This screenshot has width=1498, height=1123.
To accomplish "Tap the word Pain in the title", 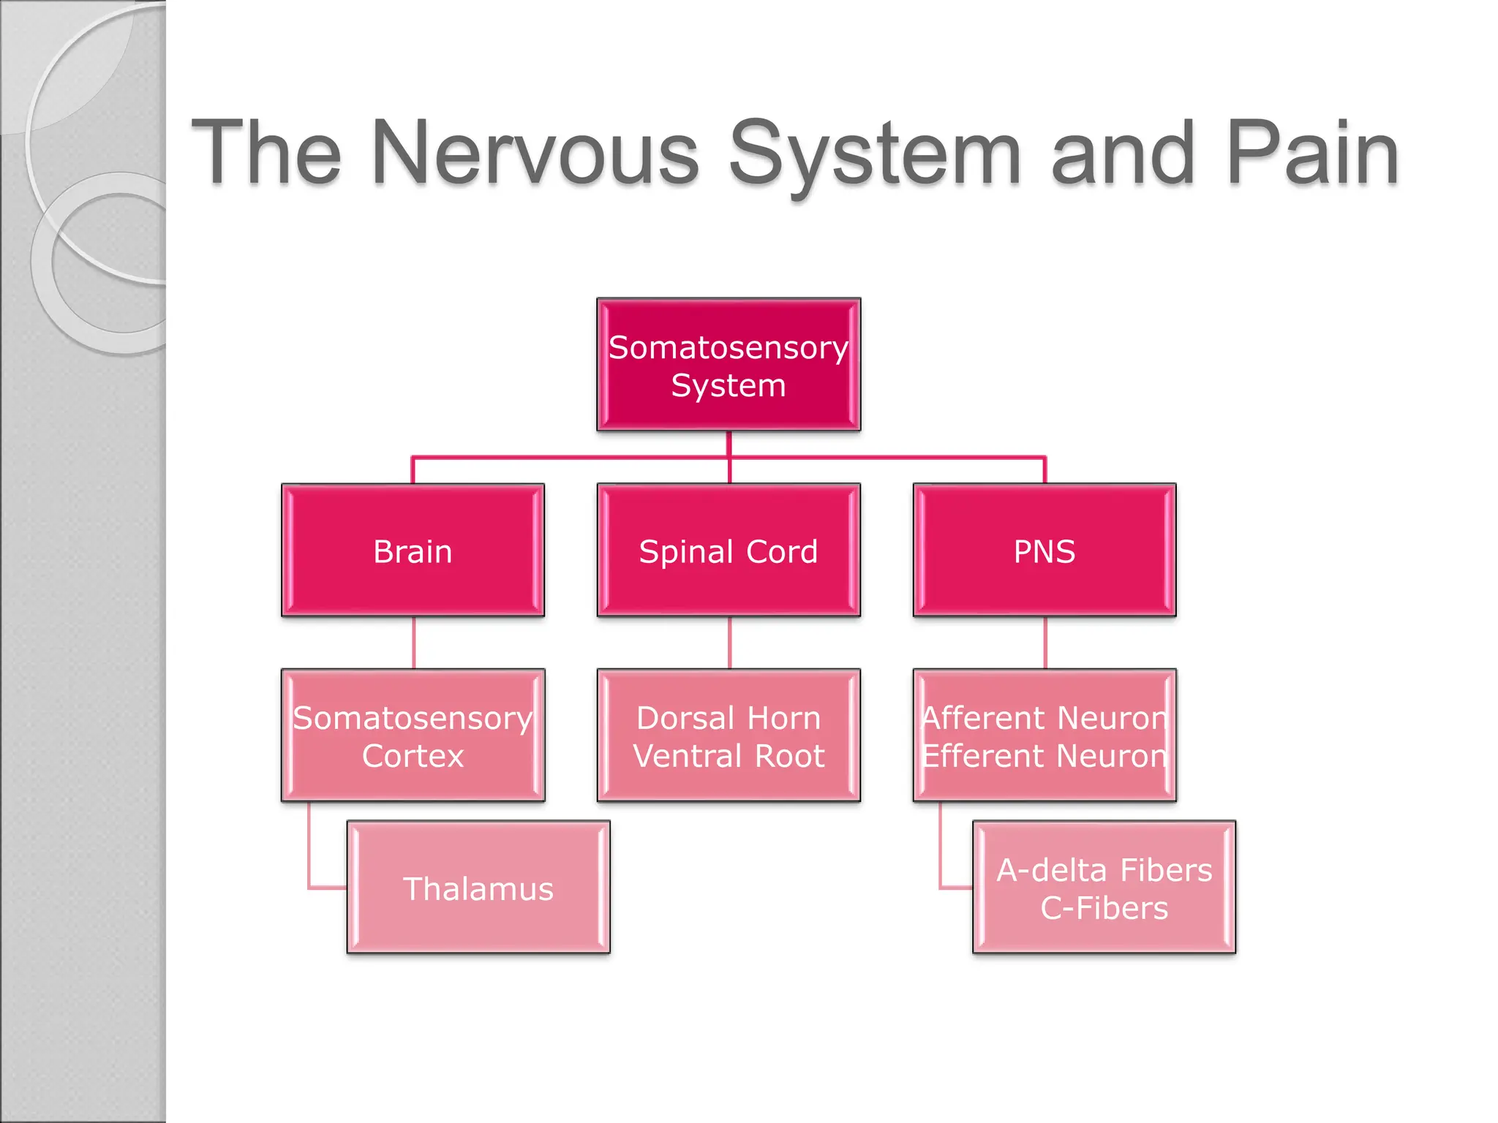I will click(1312, 154).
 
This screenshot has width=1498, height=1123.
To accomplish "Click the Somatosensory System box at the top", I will click(729, 365).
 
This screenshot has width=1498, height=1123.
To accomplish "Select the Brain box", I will click(413, 551).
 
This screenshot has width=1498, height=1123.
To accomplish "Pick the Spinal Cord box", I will click(729, 551).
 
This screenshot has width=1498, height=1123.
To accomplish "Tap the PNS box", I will click(1045, 551).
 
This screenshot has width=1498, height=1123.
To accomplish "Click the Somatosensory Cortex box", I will click(413, 736).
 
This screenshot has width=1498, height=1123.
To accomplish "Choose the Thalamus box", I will click(478, 888).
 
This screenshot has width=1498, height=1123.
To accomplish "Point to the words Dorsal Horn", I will click(729, 718).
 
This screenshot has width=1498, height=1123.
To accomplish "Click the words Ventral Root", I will click(729, 756).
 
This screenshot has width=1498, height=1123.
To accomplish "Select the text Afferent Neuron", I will click(1045, 718).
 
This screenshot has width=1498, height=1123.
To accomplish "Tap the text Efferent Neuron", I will click(1045, 756).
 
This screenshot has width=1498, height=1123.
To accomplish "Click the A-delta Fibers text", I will click(1104, 870).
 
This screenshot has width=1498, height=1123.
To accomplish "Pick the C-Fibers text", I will click(1104, 908).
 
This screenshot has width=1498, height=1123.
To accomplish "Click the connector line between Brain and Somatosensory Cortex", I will click(414, 643).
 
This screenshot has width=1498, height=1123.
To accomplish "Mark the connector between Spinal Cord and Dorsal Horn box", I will click(729, 643).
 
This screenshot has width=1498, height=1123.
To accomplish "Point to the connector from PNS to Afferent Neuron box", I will click(1045, 643).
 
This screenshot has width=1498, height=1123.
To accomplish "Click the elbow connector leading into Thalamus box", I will click(310, 863).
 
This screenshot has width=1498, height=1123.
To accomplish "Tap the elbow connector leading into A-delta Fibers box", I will click(941, 863).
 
